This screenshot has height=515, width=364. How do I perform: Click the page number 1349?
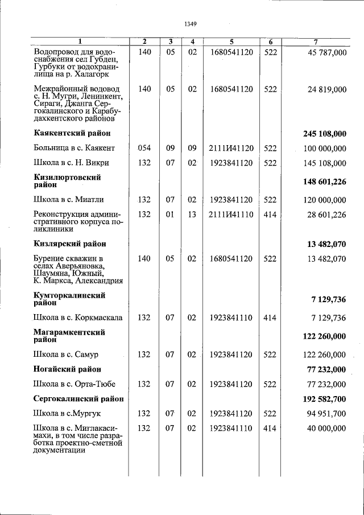coord(191,24)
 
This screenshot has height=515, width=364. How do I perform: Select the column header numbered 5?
coord(231,42)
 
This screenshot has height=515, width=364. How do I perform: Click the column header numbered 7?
coord(316,42)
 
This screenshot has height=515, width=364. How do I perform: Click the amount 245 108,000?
coord(325,134)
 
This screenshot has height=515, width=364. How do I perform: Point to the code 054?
coord(144,149)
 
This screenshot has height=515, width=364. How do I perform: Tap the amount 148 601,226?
coord(325,182)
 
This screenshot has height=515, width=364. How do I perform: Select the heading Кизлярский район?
coord(70,244)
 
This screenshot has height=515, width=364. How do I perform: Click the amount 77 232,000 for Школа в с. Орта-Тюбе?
coord(326,384)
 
